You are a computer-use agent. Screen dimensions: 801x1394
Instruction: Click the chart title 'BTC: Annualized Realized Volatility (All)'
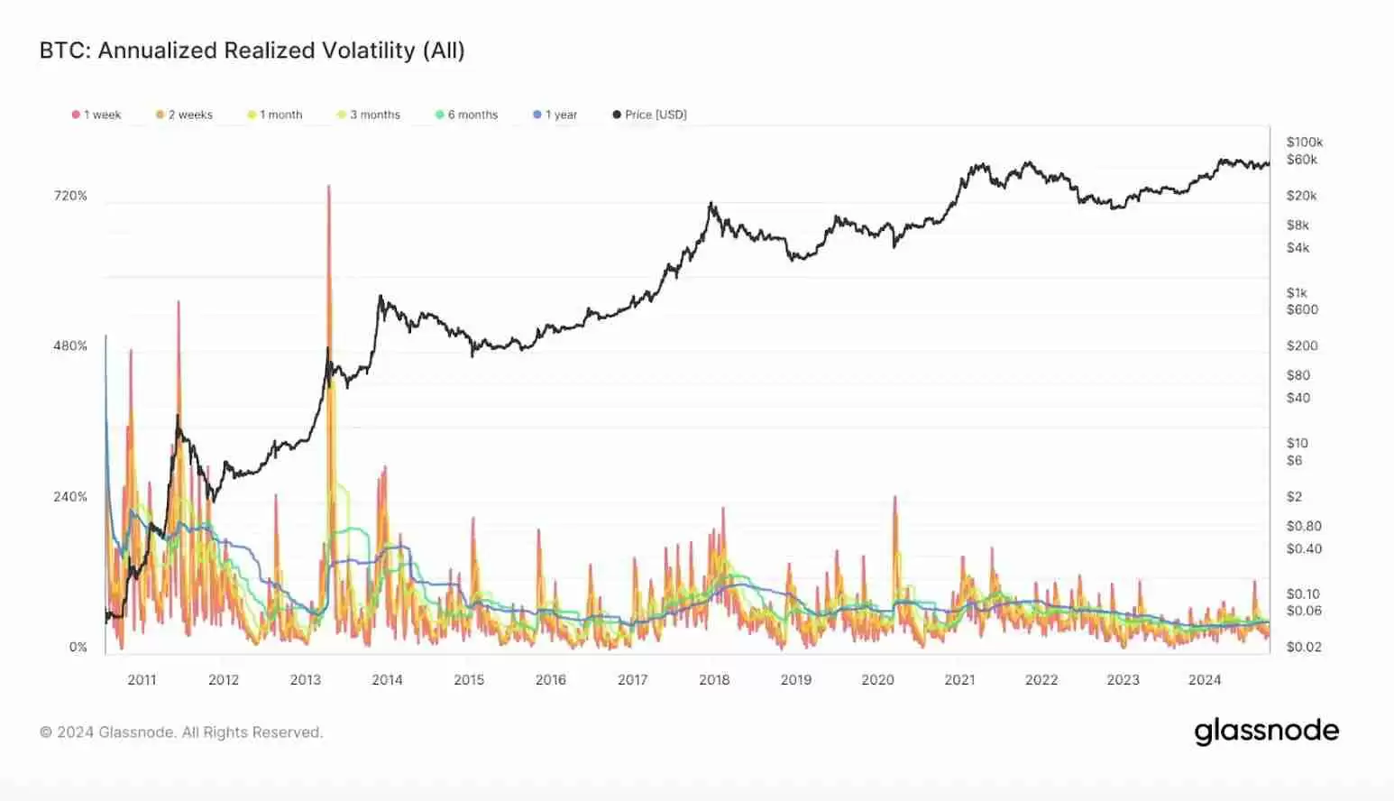tap(252, 51)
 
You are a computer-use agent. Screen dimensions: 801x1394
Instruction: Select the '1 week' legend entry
tap(96, 115)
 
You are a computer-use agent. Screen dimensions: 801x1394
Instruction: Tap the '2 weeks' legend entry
tap(184, 115)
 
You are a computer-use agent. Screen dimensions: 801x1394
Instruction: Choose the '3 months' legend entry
tap(369, 115)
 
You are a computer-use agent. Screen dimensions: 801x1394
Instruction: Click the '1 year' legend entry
tap(555, 115)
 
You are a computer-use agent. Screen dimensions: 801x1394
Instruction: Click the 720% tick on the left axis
tap(70, 196)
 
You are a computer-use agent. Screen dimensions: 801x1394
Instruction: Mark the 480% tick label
tap(70, 346)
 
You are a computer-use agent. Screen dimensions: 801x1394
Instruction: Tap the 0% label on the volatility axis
tap(78, 647)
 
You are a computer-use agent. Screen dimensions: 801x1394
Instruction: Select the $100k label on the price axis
tap(1304, 142)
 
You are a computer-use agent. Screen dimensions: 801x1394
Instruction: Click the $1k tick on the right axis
tap(1297, 293)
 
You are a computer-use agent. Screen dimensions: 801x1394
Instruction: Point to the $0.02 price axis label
tap(1304, 647)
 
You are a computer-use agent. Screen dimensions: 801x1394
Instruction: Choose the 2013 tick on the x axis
tap(306, 680)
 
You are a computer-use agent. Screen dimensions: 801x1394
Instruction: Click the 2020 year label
tap(877, 680)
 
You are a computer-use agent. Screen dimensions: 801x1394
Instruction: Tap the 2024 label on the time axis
tap(1205, 680)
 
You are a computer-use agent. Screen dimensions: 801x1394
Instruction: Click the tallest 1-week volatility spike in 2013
tap(329, 188)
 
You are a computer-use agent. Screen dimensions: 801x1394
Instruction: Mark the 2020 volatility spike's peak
tap(895, 497)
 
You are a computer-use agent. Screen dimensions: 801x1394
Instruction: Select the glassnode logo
tap(1266, 731)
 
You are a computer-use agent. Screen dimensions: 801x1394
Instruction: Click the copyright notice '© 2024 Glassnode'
tap(180, 732)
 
